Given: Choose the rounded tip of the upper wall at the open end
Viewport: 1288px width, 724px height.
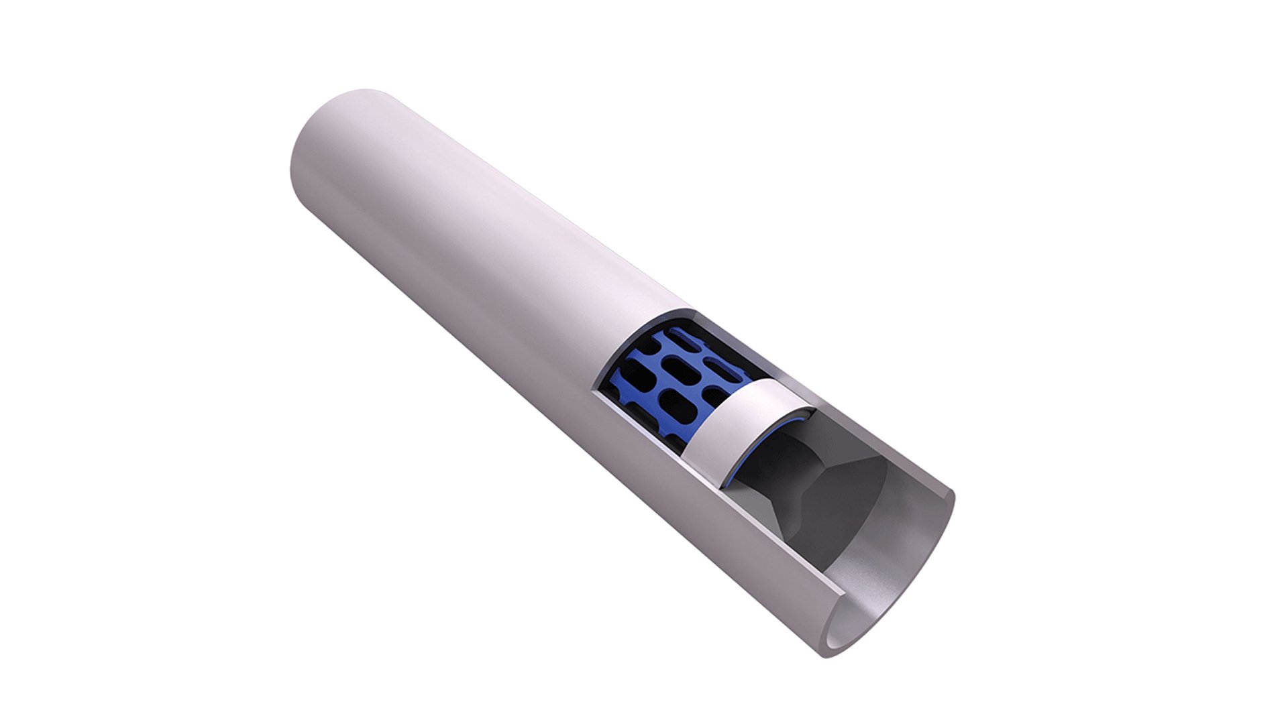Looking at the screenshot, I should pyautogui.click(x=949, y=496).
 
